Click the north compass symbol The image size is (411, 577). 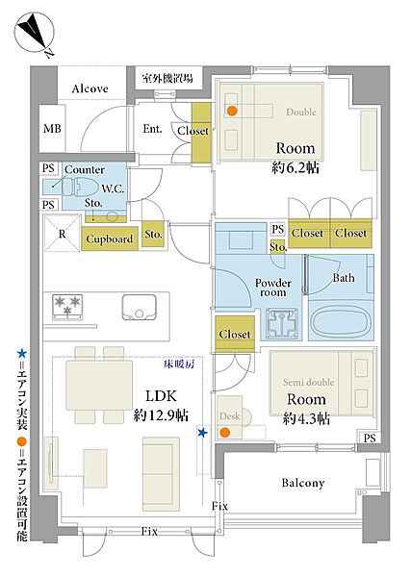35,33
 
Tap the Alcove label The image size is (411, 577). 90,88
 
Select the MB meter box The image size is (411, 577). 52,129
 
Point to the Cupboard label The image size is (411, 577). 110,238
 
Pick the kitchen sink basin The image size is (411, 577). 140,307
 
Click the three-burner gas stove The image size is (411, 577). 67,307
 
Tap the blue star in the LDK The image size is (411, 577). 202,433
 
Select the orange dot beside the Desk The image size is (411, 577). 224,433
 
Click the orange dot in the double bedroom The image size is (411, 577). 232,111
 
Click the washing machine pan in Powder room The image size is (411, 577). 282,324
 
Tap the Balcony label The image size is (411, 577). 303,483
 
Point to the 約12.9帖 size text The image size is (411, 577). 161,415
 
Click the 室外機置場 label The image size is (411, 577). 167,78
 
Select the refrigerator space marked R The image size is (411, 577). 62,234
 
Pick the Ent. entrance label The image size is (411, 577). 152,129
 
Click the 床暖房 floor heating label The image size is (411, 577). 179,364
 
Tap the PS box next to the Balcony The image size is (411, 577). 370,438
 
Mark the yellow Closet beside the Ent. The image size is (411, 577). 201,133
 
